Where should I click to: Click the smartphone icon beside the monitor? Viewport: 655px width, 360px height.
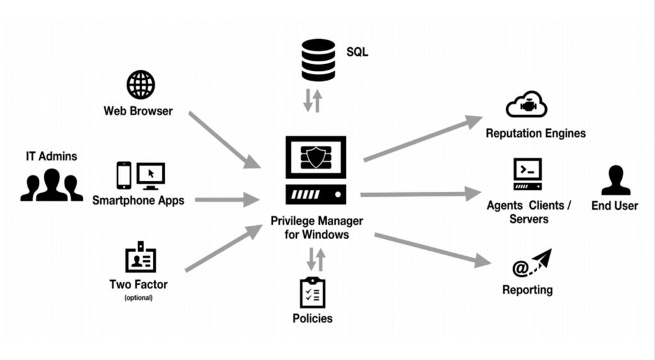[124, 175]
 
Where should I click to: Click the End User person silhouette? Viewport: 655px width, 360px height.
[615, 180]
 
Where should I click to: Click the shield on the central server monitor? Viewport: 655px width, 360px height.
[315, 157]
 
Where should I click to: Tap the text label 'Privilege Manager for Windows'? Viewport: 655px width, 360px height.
[316, 228]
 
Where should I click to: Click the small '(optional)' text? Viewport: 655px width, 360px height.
[138, 297]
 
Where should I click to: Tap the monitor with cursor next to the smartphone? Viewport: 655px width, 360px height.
[151, 175]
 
